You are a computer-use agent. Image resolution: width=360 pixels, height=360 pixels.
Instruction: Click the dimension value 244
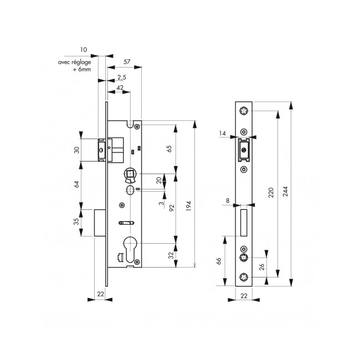pyautogui.click(x=285, y=191)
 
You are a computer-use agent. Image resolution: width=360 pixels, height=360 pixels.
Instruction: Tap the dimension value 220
pyautogui.click(x=271, y=192)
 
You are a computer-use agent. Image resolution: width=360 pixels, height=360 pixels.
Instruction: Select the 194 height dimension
pyautogui.click(x=188, y=206)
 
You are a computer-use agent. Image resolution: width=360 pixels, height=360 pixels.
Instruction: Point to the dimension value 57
pyautogui.click(x=127, y=61)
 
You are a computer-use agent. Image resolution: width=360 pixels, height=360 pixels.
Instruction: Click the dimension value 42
pyautogui.click(x=120, y=88)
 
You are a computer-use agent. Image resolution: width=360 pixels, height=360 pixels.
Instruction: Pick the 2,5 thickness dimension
pyautogui.click(x=122, y=78)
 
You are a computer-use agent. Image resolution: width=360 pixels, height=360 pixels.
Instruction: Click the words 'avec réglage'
pyautogui.click(x=74, y=62)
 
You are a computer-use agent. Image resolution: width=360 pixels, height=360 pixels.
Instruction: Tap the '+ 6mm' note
pyautogui.click(x=82, y=69)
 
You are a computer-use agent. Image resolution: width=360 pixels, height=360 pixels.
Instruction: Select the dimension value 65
pyautogui.click(x=169, y=148)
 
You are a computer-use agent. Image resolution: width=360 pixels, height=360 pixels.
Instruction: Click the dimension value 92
pyautogui.click(x=172, y=208)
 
